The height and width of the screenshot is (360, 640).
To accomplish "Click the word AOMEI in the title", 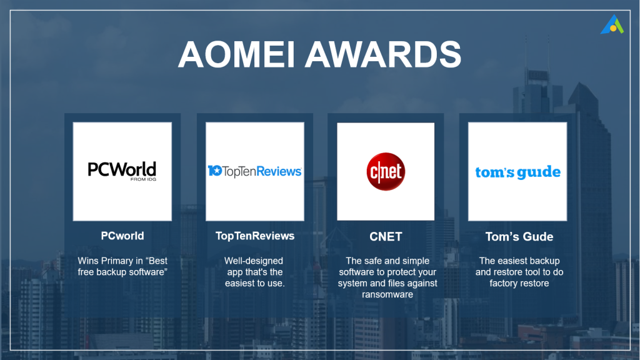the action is (x=236, y=54).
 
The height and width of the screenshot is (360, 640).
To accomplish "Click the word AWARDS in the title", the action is (x=383, y=54).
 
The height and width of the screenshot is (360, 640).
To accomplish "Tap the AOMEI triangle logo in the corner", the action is (x=612, y=24).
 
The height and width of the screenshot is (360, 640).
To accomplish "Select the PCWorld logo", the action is (x=122, y=171).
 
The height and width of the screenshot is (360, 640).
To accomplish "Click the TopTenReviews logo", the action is (x=255, y=171).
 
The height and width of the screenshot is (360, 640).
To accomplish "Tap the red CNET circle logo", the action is (x=386, y=171).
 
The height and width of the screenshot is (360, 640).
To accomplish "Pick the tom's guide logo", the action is (x=517, y=172).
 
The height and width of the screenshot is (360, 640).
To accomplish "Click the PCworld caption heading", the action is (x=122, y=236).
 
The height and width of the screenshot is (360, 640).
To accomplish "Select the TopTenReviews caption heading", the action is (x=255, y=236).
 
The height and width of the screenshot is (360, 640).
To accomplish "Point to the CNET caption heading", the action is (x=386, y=237).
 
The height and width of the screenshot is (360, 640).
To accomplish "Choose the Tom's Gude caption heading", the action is (x=519, y=237).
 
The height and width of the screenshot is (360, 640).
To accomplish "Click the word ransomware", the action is (x=387, y=294).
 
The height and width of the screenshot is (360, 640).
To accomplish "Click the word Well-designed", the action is (x=254, y=261).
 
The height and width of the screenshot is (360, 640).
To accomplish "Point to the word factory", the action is (x=503, y=283).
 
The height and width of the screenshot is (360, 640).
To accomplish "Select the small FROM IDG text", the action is (x=143, y=179).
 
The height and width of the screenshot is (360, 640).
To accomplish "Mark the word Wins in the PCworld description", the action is (x=87, y=261).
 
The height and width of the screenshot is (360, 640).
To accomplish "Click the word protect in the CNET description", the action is (x=398, y=272).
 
